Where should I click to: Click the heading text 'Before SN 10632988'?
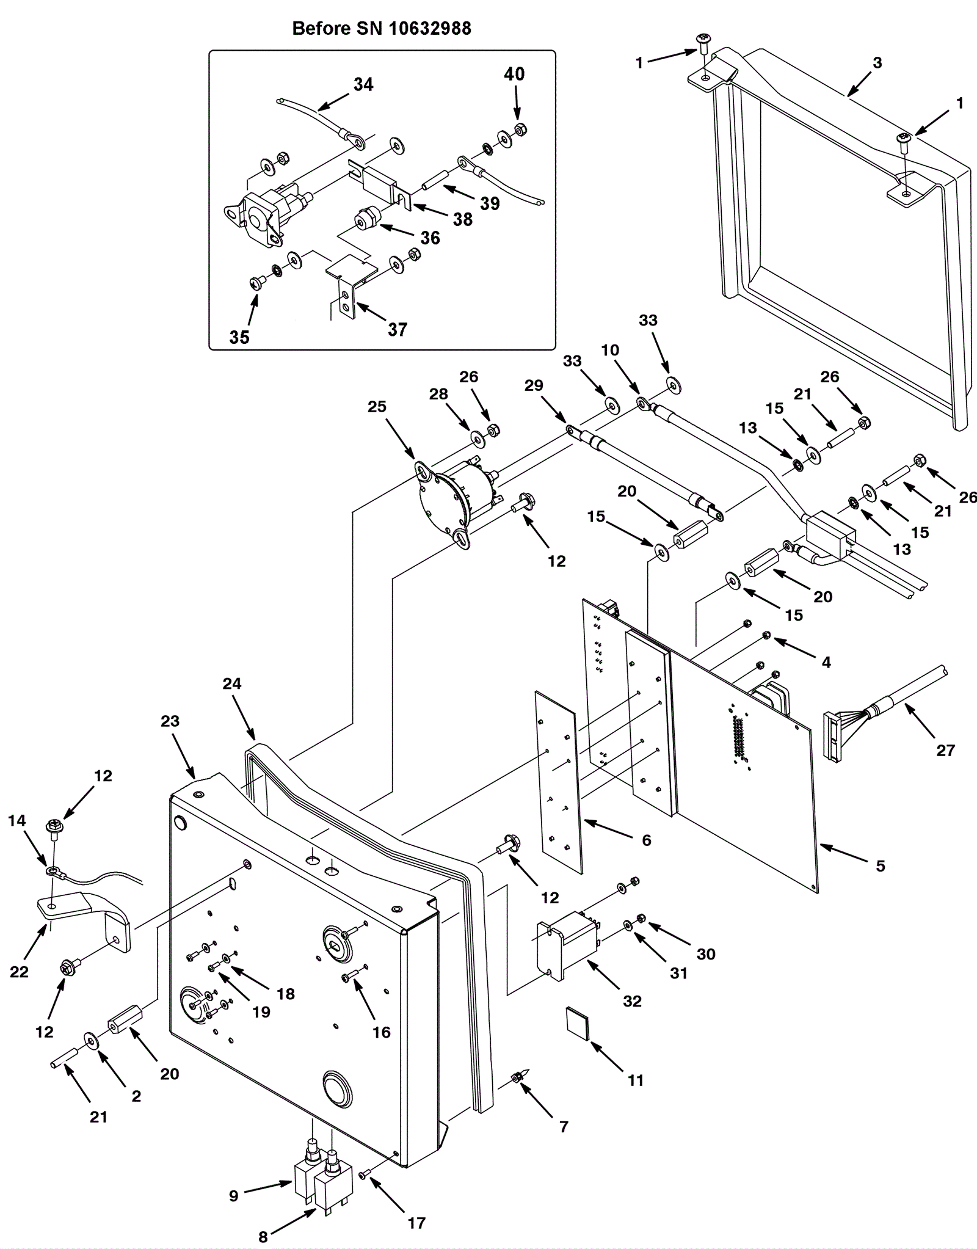[x=382, y=29]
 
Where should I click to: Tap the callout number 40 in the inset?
[x=514, y=74]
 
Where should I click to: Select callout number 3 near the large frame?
[x=877, y=62]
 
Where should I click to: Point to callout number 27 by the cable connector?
[x=945, y=750]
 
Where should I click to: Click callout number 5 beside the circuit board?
[x=880, y=865]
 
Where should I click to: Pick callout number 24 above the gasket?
[x=232, y=683]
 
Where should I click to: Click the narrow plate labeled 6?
[x=559, y=782]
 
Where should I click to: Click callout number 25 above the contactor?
[x=377, y=407]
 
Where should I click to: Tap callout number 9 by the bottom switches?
[x=234, y=1195]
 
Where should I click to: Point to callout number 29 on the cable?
[x=534, y=385]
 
